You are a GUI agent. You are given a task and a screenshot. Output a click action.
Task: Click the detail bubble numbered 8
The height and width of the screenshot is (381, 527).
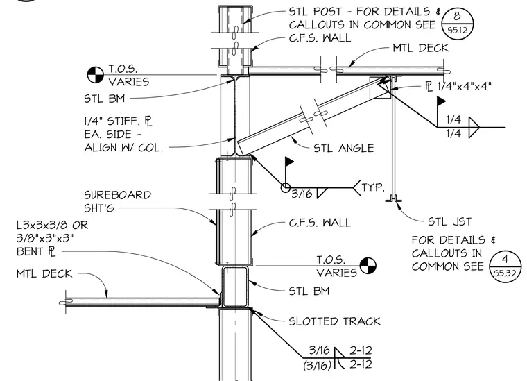point(457,23)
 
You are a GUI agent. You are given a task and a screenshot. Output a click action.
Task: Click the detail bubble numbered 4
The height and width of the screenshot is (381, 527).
point(505,266)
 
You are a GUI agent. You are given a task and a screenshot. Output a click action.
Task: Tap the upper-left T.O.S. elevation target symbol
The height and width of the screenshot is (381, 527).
point(96,75)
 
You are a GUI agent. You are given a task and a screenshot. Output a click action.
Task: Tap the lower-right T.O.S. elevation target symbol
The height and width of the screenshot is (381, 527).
point(368,266)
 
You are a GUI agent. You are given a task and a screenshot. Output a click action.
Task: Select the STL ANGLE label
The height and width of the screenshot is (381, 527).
point(343,148)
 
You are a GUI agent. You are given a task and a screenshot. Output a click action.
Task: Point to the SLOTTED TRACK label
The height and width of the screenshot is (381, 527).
point(334,321)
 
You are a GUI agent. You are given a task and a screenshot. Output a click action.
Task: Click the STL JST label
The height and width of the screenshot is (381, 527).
point(450,221)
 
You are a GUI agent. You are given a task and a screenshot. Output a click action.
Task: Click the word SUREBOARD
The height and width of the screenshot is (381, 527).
point(117,195)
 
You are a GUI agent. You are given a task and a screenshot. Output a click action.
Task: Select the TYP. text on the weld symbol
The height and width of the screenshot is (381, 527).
point(373,187)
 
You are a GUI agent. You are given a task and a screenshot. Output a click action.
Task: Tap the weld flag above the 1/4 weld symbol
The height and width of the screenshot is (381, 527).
point(441,101)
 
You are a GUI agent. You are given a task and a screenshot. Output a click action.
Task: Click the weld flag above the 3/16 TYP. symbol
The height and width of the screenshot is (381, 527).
point(289,162)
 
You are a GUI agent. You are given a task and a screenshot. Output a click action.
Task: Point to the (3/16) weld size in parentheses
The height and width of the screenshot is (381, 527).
point(318,365)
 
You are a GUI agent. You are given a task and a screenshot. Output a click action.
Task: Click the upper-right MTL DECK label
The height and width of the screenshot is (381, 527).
point(421,48)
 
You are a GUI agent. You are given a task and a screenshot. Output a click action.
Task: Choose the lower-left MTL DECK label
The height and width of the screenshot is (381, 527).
point(44,273)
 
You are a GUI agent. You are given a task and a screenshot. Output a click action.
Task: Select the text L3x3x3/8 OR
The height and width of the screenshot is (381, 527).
point(52,225)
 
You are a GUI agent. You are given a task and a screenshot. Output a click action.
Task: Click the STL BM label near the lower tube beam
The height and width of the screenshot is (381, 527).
point(309,291)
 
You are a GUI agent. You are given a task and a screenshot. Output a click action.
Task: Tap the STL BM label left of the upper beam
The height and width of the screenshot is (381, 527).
point(105,99)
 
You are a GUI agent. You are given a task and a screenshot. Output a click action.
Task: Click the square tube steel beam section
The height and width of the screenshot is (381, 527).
point(235,287)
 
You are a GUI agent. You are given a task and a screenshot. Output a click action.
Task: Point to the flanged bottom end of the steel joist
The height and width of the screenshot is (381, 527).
point(393,200)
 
